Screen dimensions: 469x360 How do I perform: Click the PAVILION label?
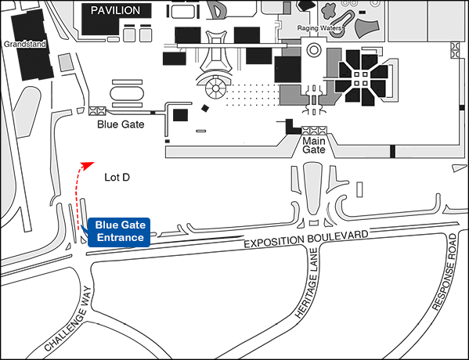pyautogui.click(x=115, y=10)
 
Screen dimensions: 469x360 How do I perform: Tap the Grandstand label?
pyautogui.click(x=25, y=45)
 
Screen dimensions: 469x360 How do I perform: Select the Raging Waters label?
pyautogui.click(x=319, y=28)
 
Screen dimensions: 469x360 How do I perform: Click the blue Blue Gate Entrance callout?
pyautogui.click(x=119, y=232)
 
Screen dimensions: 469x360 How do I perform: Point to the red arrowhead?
pyautogui.click(x=87, y=165)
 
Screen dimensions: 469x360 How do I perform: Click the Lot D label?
pyautogui.click(x=117, y=178)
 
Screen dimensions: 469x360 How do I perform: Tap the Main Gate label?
pyautogui.click(x=314, y=145)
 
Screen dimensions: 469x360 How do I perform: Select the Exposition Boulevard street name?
pyautogui.click(x=306, y=239)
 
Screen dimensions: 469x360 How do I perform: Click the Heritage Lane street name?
pyautogui.click(x=306, y=283)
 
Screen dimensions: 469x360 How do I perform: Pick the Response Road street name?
pyautogui.click(x=445, y=272)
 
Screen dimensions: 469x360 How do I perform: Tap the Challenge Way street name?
pyautogui.click(x=68, y=319)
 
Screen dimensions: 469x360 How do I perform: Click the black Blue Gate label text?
pyautogui.click(x=121, y=124)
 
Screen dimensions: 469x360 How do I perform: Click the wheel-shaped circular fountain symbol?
pyautogui.click(x=215, y=88)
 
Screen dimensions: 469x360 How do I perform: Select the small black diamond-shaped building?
pyautogui.click(x=205, y=108)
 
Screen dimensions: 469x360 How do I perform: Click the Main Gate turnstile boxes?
pyautogui.click(x=314, y=131)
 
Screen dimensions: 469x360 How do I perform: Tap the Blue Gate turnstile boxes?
pyautogui.click(x=97, y=110)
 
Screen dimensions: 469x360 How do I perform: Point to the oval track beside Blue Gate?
pyautogui.click(x=127, y=93)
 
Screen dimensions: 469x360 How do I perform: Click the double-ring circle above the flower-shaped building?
pyautogui.click(x=314, y=50)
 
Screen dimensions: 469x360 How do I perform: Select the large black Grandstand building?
pyautogui.click(x=31, y=45)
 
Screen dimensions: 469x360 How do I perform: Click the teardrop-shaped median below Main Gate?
pyautogui.click(x=313, y=188)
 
